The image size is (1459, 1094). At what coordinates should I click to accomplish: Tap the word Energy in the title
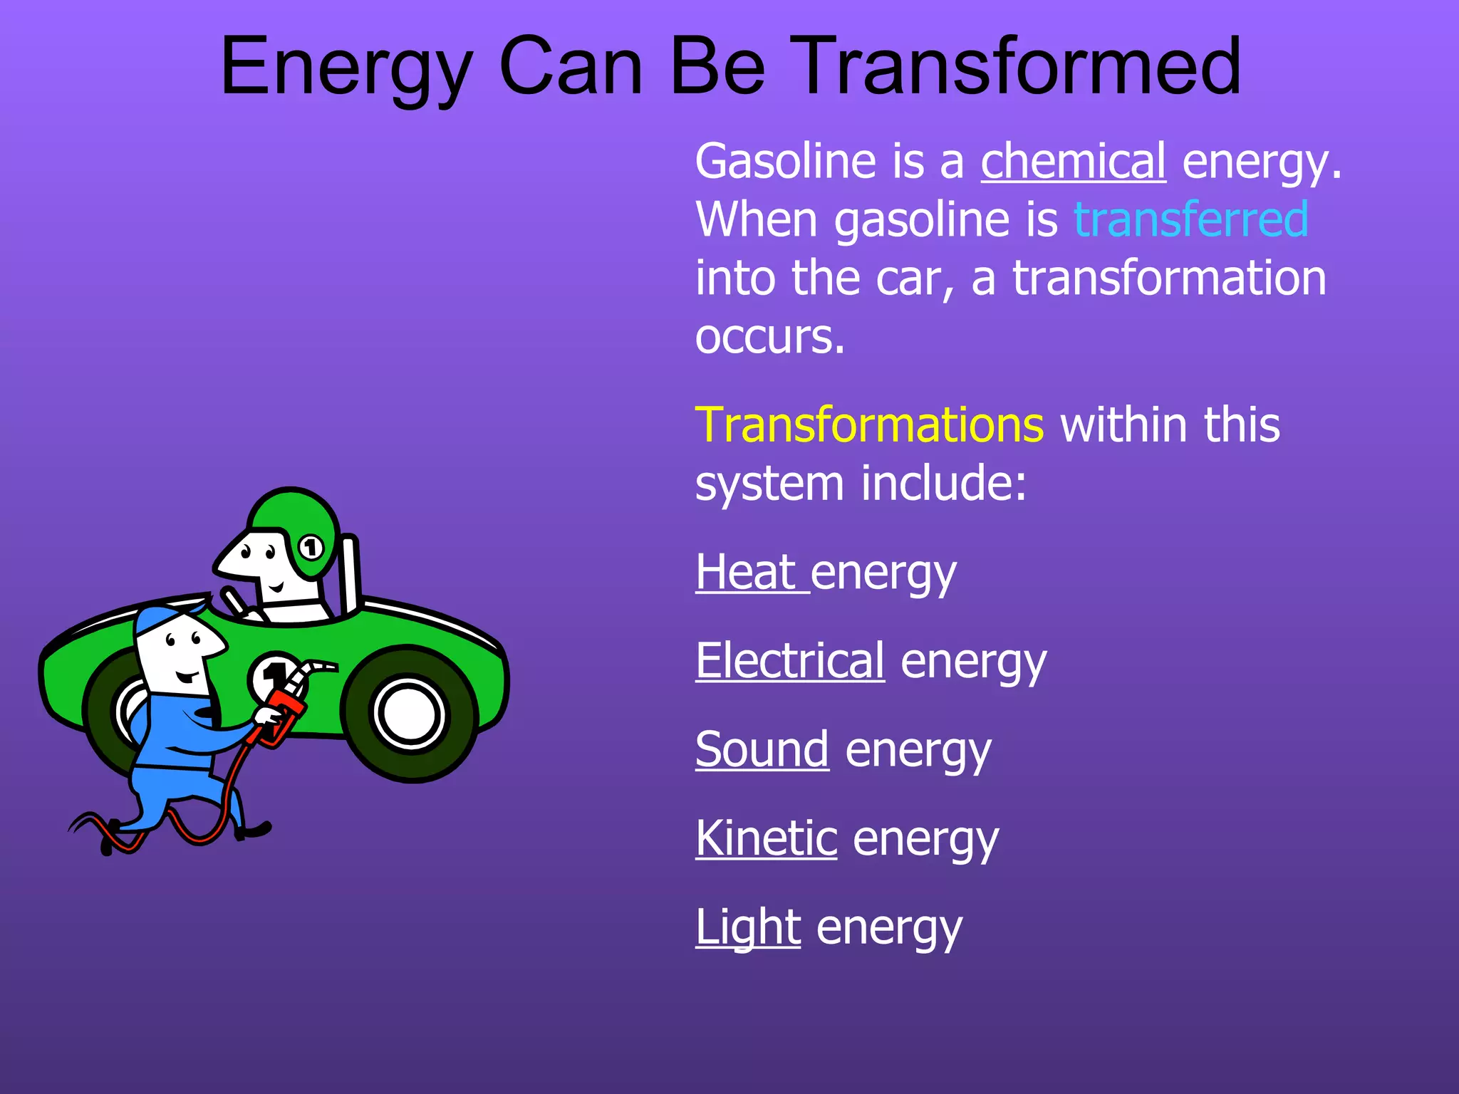click(346, 68)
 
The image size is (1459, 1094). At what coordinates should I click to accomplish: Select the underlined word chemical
click(1073, 161)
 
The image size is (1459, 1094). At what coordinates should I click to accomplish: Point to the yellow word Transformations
click(869, 424)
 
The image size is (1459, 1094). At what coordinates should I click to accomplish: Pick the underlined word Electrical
click(790, 660)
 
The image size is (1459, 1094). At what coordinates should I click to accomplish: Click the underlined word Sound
click(762, 749)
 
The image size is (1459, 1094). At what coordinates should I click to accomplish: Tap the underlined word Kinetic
click(766, 838)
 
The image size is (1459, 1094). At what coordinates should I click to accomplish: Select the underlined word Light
click(748, 927)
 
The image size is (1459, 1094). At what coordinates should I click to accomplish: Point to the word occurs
click(770, 336)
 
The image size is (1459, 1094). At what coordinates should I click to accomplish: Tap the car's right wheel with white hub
click(409, 713)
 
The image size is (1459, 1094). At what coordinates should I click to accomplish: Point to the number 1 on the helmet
click(310, 548)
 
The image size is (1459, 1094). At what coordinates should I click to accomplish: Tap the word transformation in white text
click(1169, 278)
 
